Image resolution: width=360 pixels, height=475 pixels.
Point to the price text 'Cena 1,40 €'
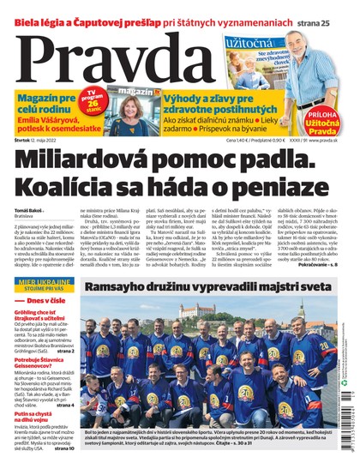coord(242,139)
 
